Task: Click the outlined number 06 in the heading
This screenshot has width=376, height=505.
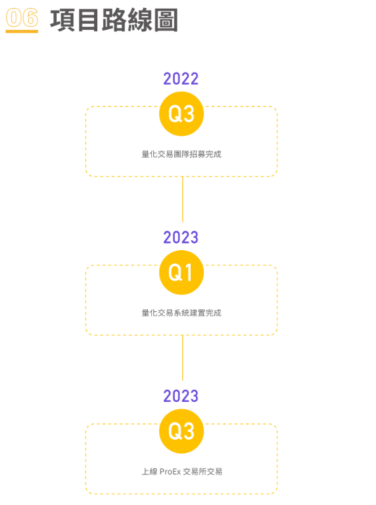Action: click(22, 17)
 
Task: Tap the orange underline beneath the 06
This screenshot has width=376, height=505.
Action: click(22, 31)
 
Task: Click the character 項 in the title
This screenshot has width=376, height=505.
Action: click(63, 20)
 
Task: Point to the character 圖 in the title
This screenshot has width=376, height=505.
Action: click(165, 20)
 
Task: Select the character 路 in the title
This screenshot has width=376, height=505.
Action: click(114, 20)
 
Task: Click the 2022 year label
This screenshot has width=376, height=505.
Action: click(181, 79)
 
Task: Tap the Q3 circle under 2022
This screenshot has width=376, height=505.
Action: click(181, 114)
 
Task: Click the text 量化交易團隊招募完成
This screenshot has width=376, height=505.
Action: click(181, 154)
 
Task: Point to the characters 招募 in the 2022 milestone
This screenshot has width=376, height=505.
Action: click(197, 154)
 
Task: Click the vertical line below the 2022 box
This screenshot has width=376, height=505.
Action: click(183, 199)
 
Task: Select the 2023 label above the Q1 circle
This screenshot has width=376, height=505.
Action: click(181, 238)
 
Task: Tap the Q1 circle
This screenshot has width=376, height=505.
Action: click(181, 273)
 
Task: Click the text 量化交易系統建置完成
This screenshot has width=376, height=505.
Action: click(181, 313)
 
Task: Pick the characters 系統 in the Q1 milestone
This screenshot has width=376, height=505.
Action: click(181, 313)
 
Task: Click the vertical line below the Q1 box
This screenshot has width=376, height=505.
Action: click(183, 358)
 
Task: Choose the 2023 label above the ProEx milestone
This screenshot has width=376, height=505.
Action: click(181, 396)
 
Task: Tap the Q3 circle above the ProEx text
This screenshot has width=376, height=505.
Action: click(181, 431)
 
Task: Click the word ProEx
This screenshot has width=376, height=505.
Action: click(170, 472)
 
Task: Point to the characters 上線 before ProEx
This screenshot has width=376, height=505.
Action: click(150, 472)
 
